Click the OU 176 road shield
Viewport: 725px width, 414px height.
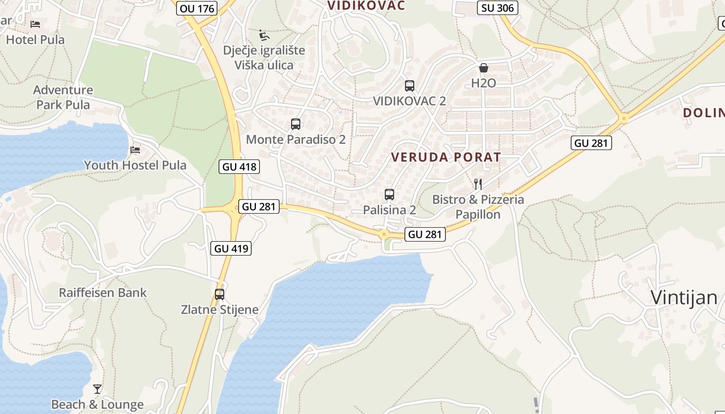[197, 8]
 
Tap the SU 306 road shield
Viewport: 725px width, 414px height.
[498, 8]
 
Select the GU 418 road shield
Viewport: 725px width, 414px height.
[239, 167]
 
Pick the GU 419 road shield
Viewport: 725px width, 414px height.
[231, 248]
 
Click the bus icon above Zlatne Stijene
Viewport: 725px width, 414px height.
[220, 294]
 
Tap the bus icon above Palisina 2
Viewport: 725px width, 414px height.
[389, 195]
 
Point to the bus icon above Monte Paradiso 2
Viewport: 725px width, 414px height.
[296, 124]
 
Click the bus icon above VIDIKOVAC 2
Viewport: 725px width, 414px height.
[410, 86]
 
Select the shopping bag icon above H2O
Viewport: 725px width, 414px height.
[484, 68]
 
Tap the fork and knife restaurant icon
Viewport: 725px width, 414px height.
[478, 184]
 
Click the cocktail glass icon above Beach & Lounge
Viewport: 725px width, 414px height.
[97, 389]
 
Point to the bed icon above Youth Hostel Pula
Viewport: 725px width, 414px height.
[135, 150]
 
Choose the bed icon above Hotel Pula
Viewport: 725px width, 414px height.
[35, 24]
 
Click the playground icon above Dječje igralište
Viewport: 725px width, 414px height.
[264, 35]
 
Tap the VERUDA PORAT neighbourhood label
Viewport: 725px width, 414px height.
[446, 157]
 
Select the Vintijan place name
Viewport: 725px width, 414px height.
[684, 298]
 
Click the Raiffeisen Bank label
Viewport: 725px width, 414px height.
[103, 293]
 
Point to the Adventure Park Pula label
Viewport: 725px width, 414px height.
[63, 97]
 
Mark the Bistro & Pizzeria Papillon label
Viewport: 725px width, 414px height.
[478, 207]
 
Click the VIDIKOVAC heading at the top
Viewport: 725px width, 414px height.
[366, 6]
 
